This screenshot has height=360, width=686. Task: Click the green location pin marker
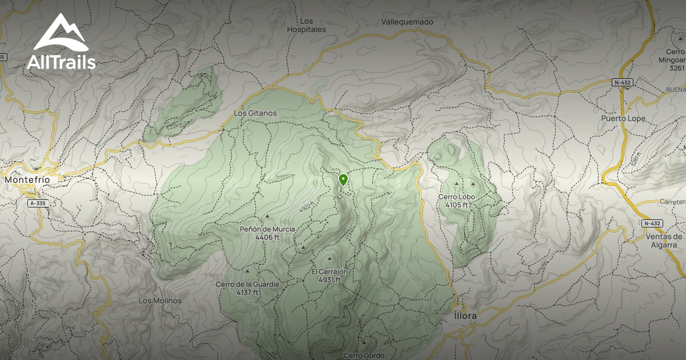pos(343,180)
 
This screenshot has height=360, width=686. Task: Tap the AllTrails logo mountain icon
pos(61,33)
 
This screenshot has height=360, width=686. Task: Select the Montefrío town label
pos(27,179)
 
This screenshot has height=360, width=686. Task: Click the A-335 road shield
pos(38,203)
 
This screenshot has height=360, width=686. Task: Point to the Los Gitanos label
pos(255,113)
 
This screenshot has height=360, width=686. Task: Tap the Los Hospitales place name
pos(306,25)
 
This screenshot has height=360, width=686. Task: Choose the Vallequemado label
pos(407,22)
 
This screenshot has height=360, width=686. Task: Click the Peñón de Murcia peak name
pos(268,229)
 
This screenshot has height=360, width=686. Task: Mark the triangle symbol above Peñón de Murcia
pos(268,217)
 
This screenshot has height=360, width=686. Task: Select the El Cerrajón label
pos(330,271)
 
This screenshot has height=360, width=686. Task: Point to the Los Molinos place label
pos(160,301)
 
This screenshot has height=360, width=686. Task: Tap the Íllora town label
pos(465,315)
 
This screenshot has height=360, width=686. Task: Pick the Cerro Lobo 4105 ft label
pos(456,201)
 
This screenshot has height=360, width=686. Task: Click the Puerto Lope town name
pos(623,118)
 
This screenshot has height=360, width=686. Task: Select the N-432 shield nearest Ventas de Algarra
pos(651,223)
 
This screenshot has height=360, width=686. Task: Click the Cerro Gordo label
pos(361,355)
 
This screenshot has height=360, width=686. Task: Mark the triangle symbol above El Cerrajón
pos(330,259)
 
